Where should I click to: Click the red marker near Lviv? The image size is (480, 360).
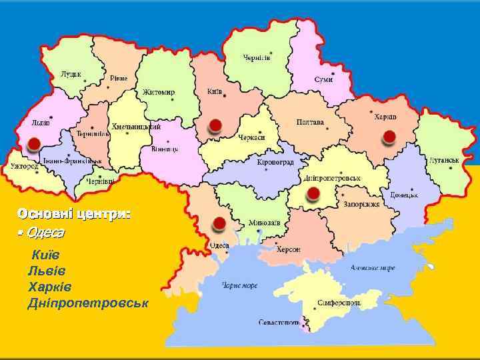click(33, 143)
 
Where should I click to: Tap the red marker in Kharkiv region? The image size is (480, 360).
click(389, 137)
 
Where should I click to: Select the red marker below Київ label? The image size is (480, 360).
click(215, 125)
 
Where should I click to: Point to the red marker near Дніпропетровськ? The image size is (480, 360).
click(312, 194)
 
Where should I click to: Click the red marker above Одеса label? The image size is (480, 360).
click(217, 224)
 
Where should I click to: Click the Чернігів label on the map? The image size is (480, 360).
click(257, 57)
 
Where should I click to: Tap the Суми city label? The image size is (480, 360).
click(323, 79)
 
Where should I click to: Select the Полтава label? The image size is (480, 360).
click(310, 123)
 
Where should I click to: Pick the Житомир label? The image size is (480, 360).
click(159, 92)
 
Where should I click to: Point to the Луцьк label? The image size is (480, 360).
click(71, 73)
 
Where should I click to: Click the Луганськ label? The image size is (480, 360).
click(445, 161)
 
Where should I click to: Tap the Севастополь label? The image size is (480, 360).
click(279, 323)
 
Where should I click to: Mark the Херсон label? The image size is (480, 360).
click(289, 249)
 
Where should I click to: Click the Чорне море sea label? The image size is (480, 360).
click(239, 285)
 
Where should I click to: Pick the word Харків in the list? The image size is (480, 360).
click(49, 287)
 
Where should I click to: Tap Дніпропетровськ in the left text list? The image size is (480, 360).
click(88, 303)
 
